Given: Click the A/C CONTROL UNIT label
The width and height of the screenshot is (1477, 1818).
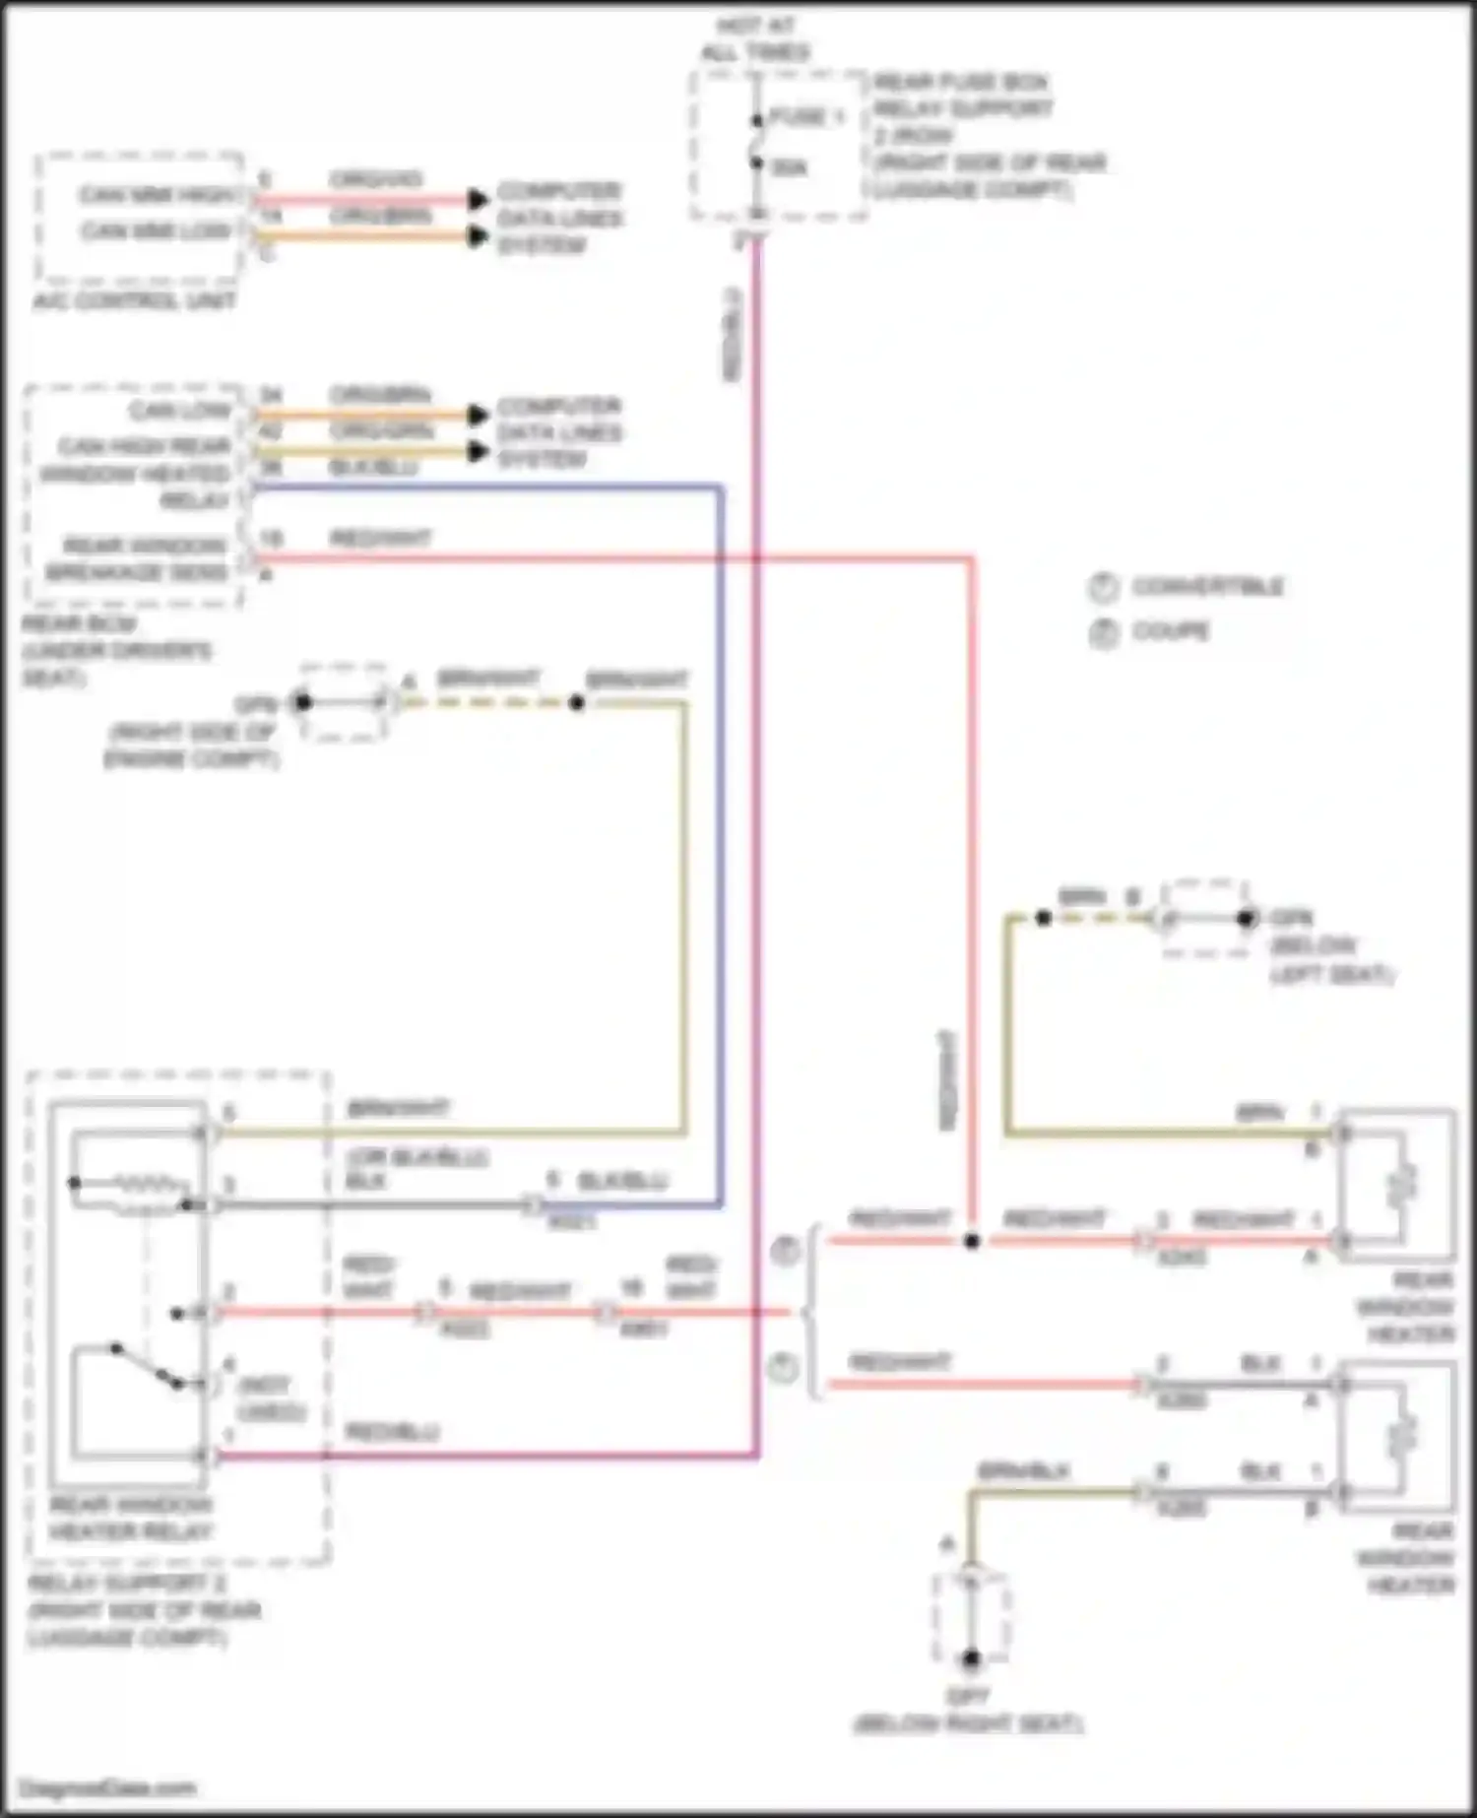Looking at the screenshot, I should [135, 300].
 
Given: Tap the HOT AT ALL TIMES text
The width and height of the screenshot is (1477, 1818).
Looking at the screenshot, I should [755, 39].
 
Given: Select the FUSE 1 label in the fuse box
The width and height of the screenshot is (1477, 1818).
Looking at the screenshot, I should [805, 117].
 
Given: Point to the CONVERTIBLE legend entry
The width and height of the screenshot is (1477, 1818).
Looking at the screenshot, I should [1207, 587].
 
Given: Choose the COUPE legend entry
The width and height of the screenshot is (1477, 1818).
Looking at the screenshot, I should [1170, 631].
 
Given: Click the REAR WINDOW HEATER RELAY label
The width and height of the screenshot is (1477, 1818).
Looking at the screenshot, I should [130, 1519].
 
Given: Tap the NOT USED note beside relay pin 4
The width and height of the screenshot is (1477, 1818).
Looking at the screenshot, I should [272, 1398].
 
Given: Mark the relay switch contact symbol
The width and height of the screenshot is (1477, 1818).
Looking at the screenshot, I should [148, 1366].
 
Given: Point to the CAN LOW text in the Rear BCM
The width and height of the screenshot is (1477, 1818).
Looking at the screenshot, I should [180, 411].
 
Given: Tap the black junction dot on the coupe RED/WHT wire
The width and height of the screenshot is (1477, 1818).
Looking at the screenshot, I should [972, 1241].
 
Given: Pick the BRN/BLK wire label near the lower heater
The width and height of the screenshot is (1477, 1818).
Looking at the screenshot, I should [1023, 1471].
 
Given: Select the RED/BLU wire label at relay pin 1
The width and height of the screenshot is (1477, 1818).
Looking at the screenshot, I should [392, 1433].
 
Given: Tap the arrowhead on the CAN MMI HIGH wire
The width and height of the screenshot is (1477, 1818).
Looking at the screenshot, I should [478, 199].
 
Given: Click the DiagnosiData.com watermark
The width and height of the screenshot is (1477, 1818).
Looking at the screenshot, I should [108, 1788].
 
